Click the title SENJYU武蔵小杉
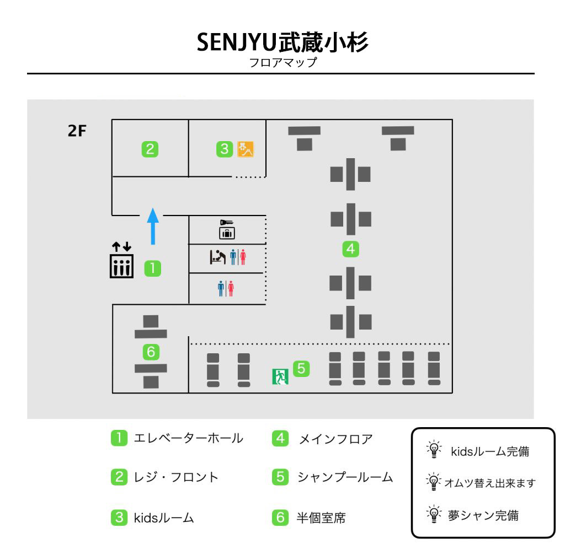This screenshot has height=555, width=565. click(282, 42)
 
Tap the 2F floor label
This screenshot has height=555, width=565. click(77, 131)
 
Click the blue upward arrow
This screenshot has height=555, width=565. click(153, 227)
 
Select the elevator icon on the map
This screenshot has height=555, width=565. click(121, 260)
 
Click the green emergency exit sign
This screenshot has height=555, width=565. click(280, 377)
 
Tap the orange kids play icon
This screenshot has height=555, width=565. click(246, 149)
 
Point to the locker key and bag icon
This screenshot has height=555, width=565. click(227, 230)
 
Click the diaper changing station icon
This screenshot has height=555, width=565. click(217, 257)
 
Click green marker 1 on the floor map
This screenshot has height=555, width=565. click(152, 268)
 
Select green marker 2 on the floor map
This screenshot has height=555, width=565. click(150, 149)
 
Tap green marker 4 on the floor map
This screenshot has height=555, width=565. click(350, 249)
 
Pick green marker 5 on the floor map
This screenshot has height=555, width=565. click(301, 369)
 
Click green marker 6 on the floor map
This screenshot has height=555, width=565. click(151, 352)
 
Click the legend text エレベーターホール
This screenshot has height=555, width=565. click(189, 438)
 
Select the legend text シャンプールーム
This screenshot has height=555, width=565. click(345, 477)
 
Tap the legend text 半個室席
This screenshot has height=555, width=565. click(321, 518)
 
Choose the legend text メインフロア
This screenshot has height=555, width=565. click(336, 439)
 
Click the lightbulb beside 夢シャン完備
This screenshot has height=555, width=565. click(434, 514)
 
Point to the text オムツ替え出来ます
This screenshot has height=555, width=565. click(490, 483)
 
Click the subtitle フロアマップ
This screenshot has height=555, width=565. click(283, 63)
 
